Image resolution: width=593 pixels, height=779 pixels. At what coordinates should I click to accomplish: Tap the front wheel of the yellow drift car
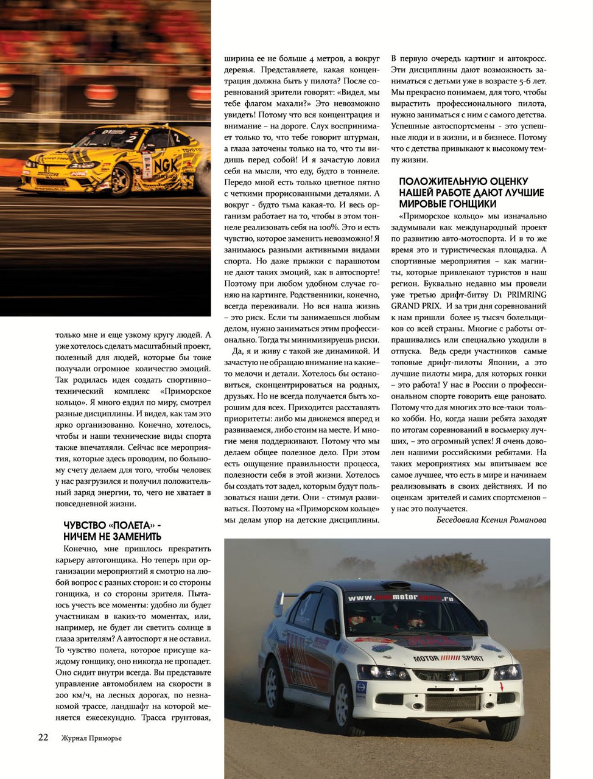click(x=122, y=178)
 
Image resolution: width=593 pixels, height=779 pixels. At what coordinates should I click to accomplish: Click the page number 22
click(x=43, y=738)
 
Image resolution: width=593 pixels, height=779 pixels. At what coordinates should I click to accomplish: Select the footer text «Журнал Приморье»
click(x=91, y=738)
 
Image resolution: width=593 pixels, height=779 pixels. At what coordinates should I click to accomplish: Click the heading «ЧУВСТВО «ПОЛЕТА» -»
click(x=113, y=525)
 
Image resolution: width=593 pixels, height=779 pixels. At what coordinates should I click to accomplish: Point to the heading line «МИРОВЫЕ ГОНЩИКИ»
click(x=447, y=204)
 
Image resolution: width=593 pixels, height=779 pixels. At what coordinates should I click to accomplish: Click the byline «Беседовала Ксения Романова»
click(x=491, y=520)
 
